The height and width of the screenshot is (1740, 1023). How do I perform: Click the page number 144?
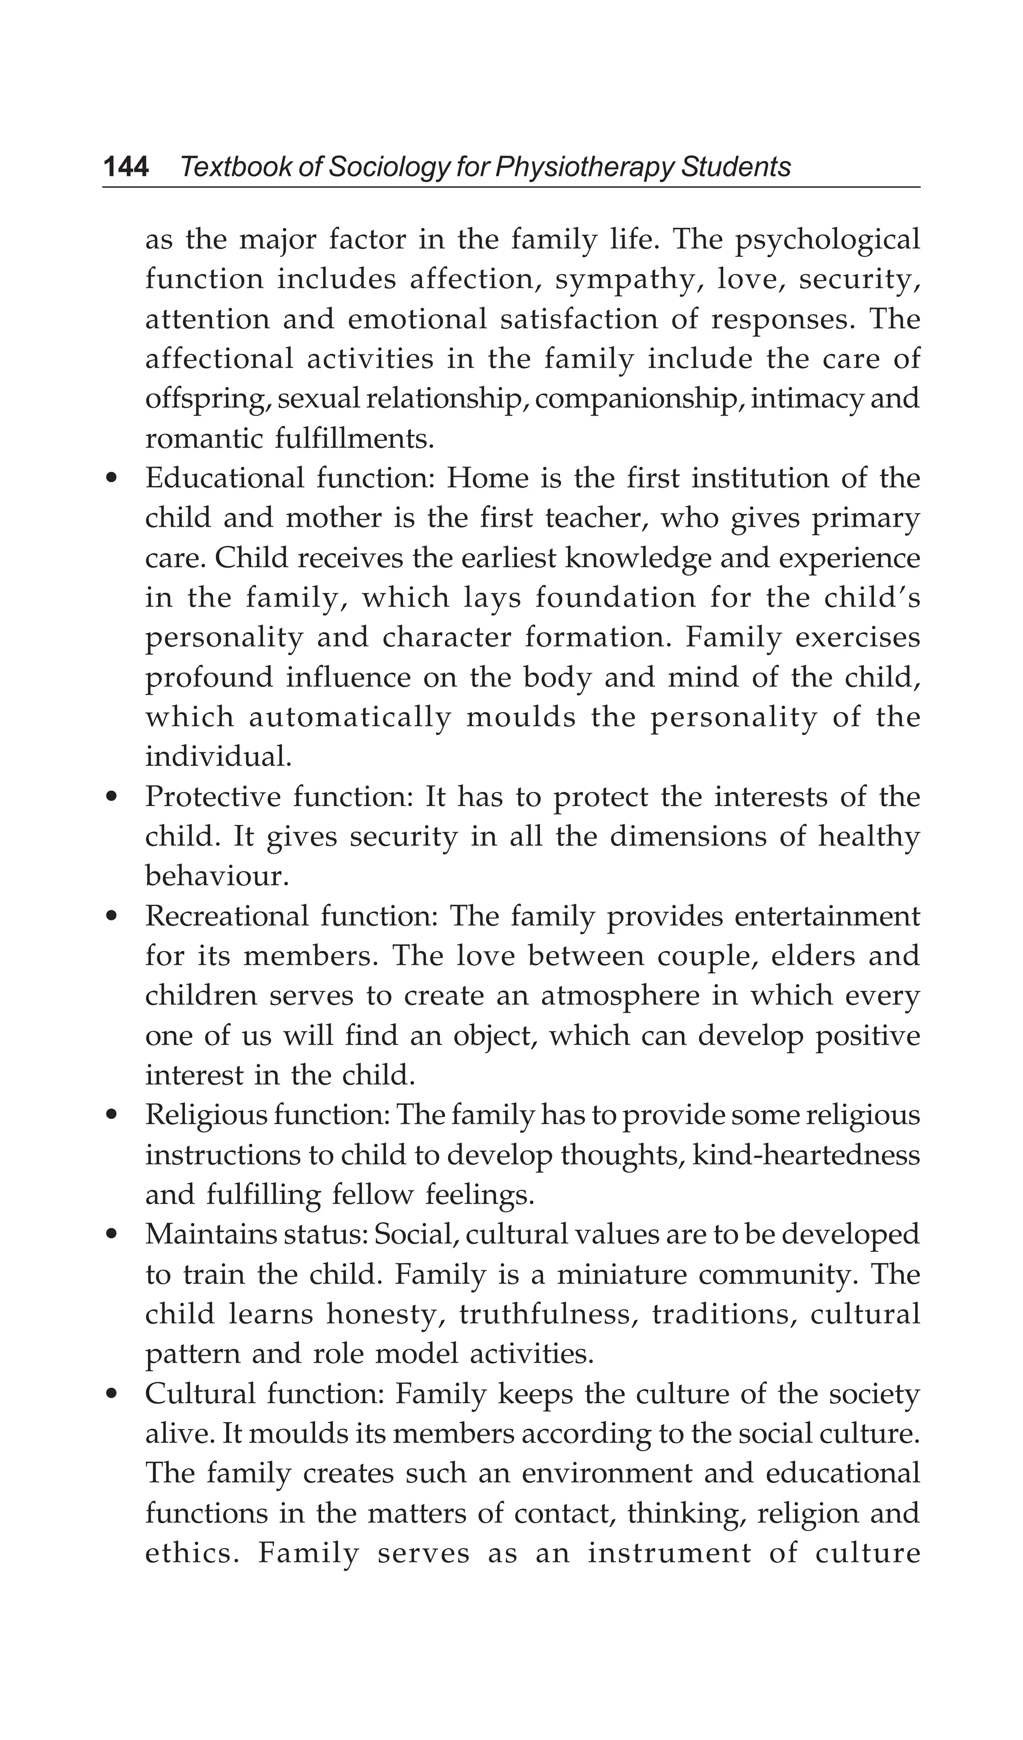coord(126,167)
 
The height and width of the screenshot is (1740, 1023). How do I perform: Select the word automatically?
coord(349,718)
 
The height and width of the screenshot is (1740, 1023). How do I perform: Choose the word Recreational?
coord(226,917)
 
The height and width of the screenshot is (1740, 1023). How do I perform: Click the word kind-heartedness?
coord(806,1156)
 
